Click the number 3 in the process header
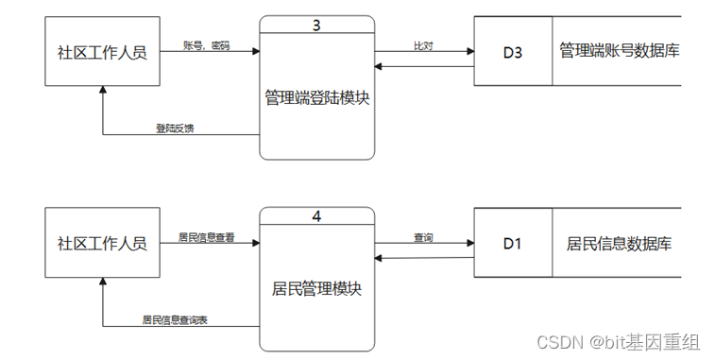pyautogui.click(x=316, y=25)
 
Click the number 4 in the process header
pyautogui.click(x=316, y=216)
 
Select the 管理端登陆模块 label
pyautogui.click(x=316, y=95)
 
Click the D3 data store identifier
pyautogui.click(x=512, y=52)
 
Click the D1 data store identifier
pyautogui.click(x=512, y=244)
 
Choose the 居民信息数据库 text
pyautogui.click(x=620, y=244)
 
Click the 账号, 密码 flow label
pyautogui.click(x=205, y=44)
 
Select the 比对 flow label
pyautogui.click(x=423, y=44)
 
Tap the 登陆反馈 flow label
pyautogui.click(x=175, y=128)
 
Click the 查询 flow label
pyautogui.click(x=423, y=237)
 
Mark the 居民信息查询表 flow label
pyautogui.click(x=175, y=319)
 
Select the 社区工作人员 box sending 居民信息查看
pyautogui.click(x=102, y=244)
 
